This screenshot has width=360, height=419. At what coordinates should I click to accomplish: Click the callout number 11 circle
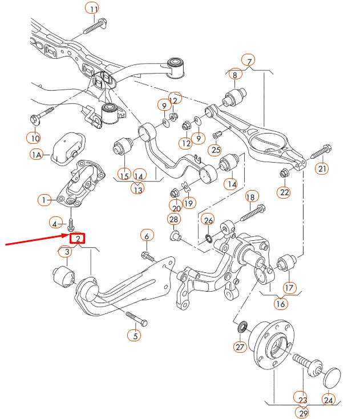[92, 8]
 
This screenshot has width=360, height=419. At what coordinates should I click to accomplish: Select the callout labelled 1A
[37, 155]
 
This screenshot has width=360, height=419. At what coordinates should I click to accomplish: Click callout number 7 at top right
[249, 60]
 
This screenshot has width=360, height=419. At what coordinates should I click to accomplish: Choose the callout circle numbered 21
[323, 168]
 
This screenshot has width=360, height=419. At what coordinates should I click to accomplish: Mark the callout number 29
[302, 412]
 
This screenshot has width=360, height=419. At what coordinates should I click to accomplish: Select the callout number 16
[280, 304]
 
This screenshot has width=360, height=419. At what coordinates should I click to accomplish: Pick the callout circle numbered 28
[173, 219]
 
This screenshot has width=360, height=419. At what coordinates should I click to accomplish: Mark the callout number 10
[34, 138]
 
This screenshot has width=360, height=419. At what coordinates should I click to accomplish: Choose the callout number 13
[137, 188]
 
